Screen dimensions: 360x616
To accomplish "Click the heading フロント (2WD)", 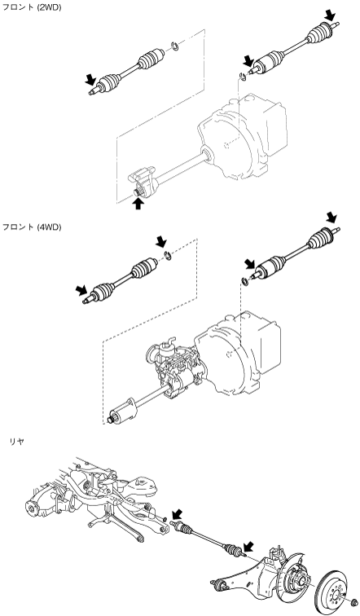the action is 33,7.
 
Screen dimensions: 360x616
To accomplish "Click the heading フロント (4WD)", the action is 33,227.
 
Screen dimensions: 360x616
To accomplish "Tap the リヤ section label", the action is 16,441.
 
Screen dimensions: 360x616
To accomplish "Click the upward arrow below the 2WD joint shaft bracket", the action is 138,203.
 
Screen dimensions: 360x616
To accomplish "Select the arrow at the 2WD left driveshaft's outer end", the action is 90,80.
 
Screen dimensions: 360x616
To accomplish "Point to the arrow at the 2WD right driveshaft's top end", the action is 331,16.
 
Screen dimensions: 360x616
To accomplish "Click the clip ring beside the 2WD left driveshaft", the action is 175,47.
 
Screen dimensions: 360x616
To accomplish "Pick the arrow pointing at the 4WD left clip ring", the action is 161,242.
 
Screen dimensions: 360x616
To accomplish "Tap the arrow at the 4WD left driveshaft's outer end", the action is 81,290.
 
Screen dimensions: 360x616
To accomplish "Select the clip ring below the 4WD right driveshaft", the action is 244,281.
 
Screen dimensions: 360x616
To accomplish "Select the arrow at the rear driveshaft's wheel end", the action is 248,547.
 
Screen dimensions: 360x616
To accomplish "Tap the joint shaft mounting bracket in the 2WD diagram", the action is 143,182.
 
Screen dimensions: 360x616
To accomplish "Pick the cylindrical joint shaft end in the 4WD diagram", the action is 122,411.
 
